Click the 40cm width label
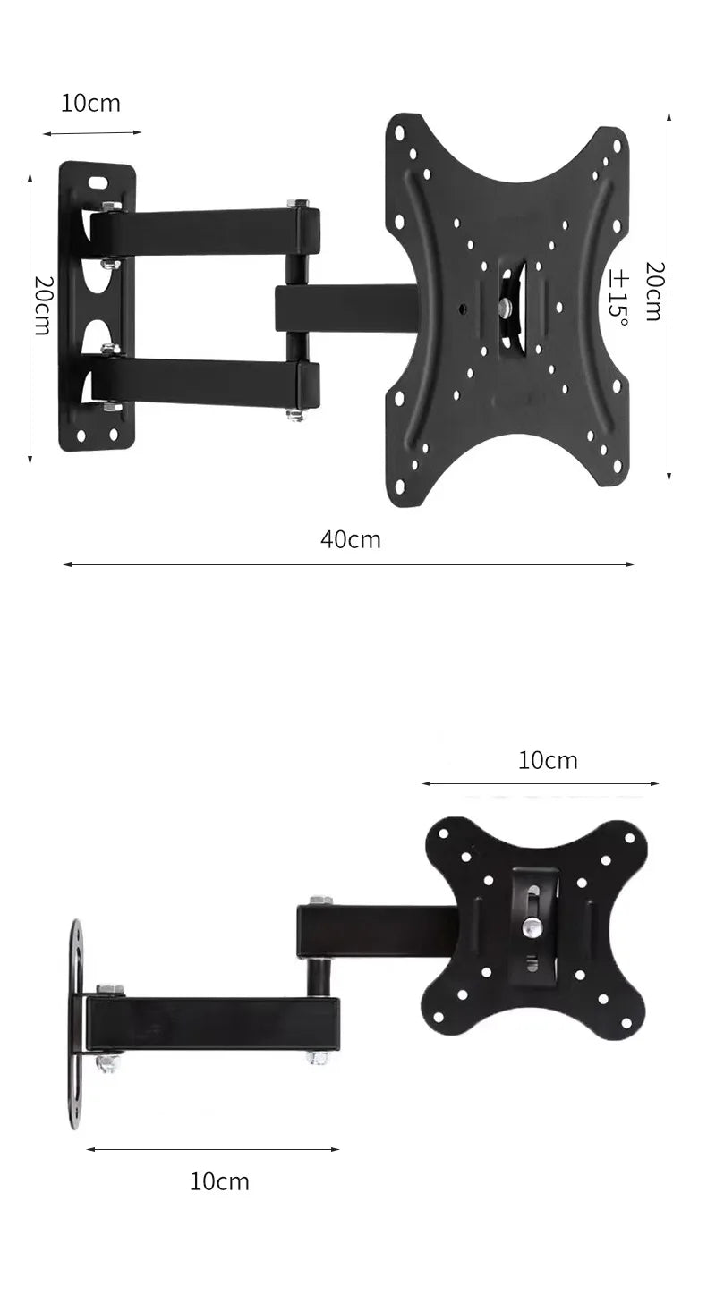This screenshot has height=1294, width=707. click(x=350, y=539)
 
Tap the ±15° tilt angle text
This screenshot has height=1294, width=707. click(x=618, y=298)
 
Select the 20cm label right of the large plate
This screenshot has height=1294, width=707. click(x=653, y=292)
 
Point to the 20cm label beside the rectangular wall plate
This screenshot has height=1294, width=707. click(x=41, y=305)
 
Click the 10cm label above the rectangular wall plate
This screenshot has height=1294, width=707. click(x=90, y=103)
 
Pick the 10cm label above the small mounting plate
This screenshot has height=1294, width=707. click(x=548, y=760)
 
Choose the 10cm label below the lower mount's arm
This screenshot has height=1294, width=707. click(x=219, y=1181)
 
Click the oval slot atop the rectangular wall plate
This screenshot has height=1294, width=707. click(x=98, y=182)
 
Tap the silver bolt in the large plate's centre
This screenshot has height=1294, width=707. click(x=506, y=308)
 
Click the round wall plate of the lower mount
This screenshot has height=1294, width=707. click(x=76, y=1023)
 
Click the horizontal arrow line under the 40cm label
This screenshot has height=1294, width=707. click(x=348, y=565)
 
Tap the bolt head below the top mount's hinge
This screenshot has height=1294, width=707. click(x=296, y=415)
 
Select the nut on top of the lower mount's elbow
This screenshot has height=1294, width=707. click(x=320, y=900)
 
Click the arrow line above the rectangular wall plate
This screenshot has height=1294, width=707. click(x=91, y=133)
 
